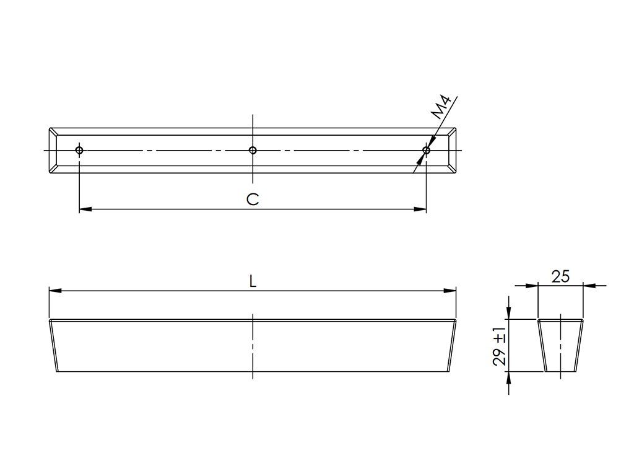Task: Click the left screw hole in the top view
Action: click(79, 151)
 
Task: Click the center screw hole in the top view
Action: click(253, 151)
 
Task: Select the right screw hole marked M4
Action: click(426, 151)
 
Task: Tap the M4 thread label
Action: click(441, 107)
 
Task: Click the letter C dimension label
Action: click(253, 199)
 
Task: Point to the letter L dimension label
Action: click(253, 281)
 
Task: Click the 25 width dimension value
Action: click(560, 276)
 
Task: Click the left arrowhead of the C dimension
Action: click(85, 209)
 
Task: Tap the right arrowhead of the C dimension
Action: click(420, 209)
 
